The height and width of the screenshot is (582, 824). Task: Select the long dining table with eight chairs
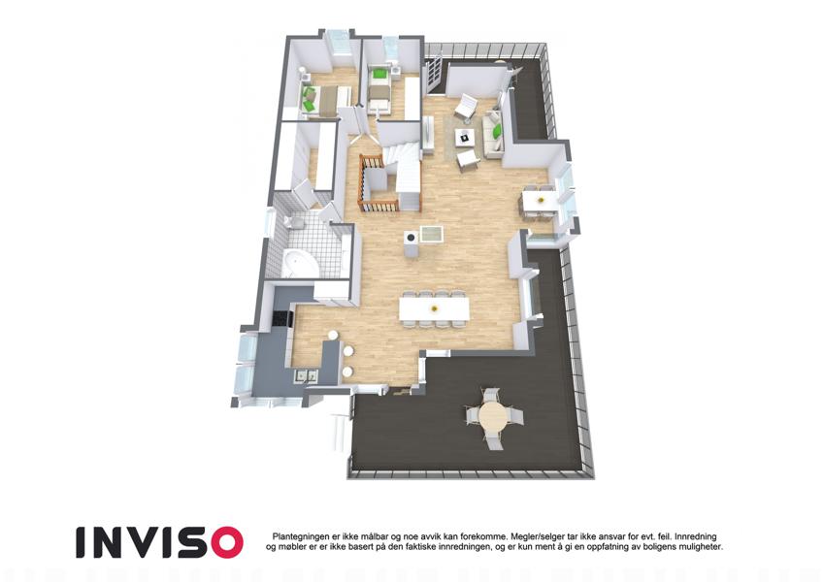(x=434, y=308)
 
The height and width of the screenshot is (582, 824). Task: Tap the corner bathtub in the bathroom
(x=301, y=263)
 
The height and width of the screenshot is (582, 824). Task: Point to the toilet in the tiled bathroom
(x=294, y=223)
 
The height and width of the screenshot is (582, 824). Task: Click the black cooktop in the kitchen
(x=281, y=319)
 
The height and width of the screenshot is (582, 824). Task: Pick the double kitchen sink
(x=306, y=375)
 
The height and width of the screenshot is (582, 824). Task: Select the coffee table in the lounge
(x=464, y=138)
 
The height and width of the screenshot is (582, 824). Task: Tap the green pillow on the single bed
(x=378, y=75)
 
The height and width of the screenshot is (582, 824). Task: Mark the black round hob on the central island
(x=411, y=239)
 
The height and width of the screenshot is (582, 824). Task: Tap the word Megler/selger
(x=537, y=536)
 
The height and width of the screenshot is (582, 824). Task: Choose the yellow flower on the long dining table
(x=434, y=308)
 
